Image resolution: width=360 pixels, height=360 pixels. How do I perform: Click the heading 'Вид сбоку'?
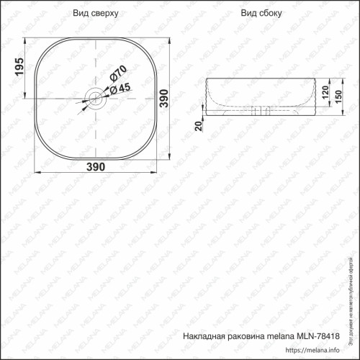261,14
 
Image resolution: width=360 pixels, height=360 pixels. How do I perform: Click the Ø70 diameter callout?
118,74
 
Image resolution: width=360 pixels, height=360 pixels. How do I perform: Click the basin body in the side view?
259,90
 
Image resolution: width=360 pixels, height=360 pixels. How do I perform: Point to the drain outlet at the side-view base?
261,111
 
